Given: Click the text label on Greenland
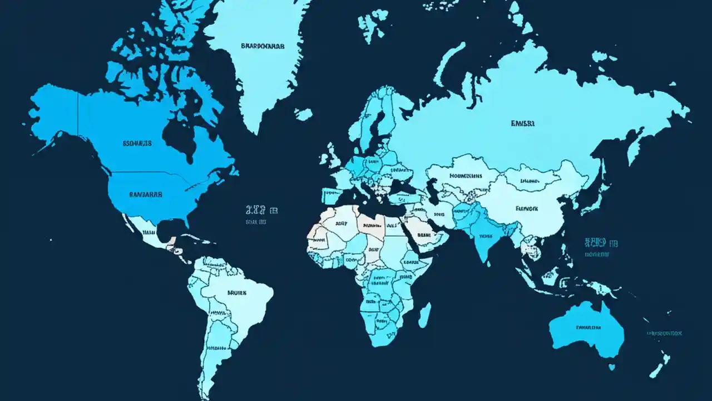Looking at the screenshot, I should coord(262,46).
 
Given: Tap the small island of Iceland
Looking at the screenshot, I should coord(303,114).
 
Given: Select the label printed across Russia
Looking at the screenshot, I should coord(522,124).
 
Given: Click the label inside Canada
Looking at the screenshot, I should coord(137,143).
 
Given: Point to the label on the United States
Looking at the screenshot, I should coord(146,195).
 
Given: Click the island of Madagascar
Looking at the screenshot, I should coord(424,315).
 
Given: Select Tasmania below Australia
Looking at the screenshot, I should coord(611,367).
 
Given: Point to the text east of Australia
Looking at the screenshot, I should coord(664,333).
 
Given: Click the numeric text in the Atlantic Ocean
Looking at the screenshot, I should coord(261,210).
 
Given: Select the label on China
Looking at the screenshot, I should coord(526,209).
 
